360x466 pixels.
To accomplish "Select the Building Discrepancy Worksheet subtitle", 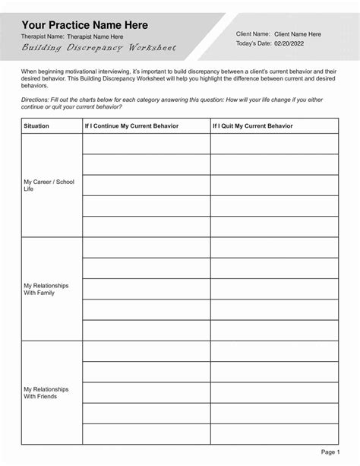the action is coord(99,49).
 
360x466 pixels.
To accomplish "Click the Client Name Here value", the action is coord(297,34).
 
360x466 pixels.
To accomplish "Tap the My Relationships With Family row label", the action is coord(46,289).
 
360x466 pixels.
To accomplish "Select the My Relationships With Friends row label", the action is coord(46,392).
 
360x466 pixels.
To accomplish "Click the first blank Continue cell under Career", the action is coord(146,144).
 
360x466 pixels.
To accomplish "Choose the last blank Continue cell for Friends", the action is coord(146,433).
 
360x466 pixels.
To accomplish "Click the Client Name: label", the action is coord(253,34).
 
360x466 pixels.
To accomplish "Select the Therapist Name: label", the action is coord(43,36).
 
